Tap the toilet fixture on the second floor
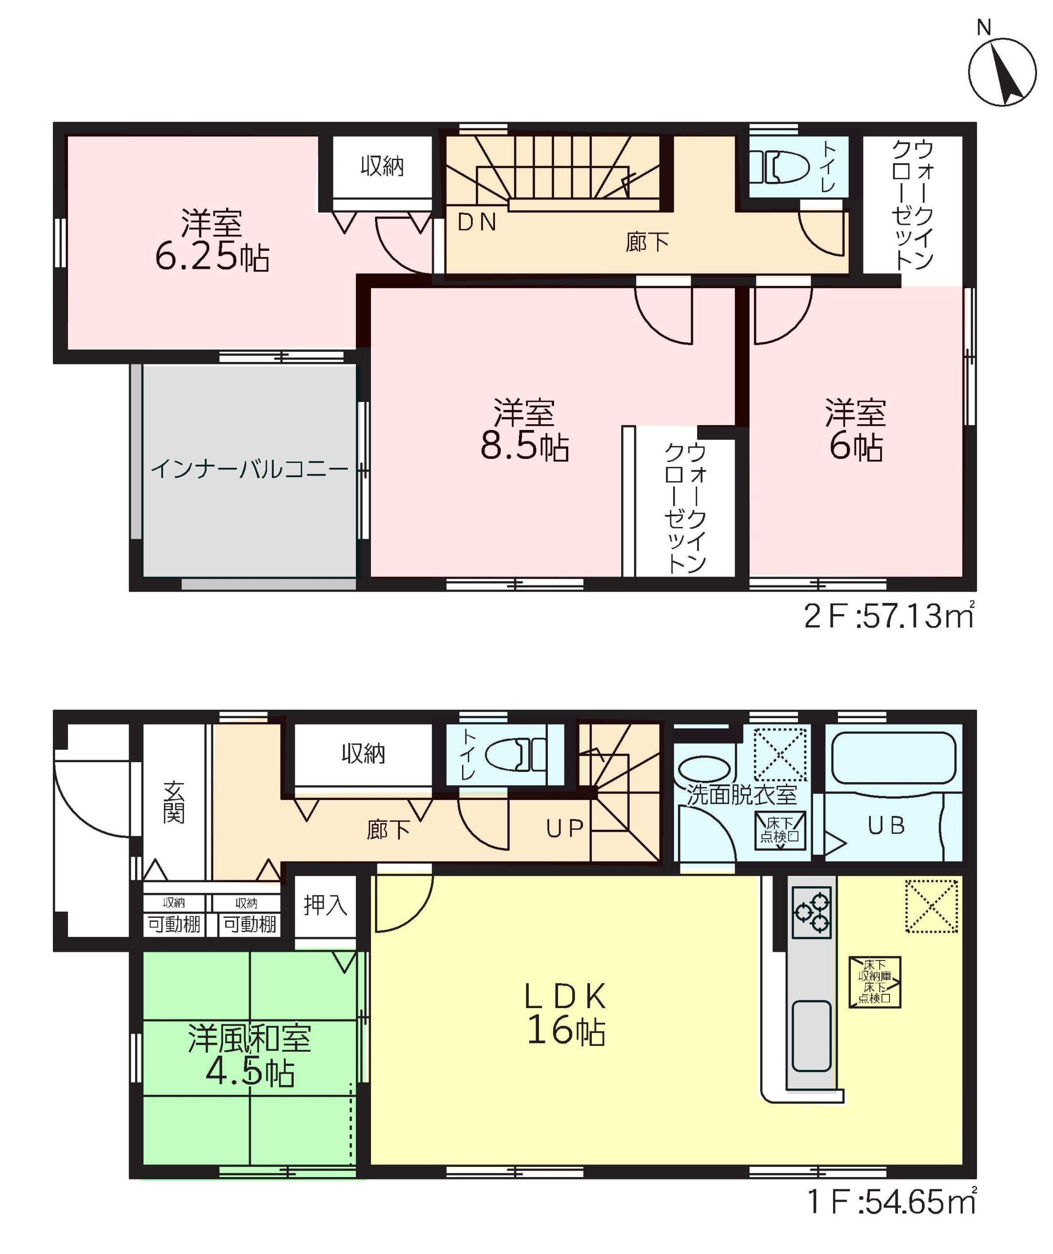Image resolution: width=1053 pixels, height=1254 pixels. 779,166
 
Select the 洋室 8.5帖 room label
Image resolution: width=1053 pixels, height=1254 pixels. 524,431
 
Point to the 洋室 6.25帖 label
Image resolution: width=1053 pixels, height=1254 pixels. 212,241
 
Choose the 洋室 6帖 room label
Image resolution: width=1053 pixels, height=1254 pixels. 855,431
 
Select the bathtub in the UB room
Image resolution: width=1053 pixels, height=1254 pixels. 893,757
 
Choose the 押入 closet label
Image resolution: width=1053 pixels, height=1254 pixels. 326,905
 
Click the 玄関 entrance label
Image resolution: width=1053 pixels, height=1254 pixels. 174,802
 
